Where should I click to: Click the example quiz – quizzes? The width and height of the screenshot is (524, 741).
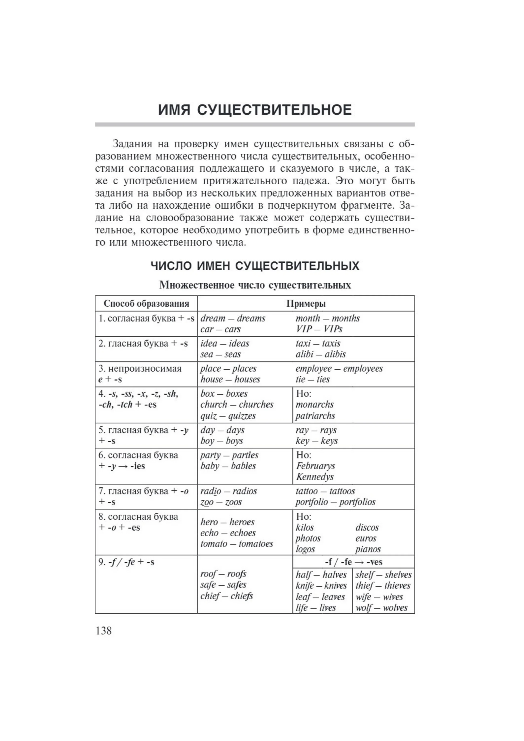coord(228,416)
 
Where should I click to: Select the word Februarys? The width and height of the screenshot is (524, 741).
coord(316,466)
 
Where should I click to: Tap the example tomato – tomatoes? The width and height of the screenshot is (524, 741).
coord(237,544)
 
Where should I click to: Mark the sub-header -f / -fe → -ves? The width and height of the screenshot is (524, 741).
coord(353,562)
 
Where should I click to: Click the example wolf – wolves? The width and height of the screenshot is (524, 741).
coord(381,608)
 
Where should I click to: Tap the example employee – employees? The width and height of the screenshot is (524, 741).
coord(339,369)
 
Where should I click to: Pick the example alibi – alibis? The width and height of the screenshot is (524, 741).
coord(320,354)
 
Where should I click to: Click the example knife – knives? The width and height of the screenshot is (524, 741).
coord(321,586)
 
